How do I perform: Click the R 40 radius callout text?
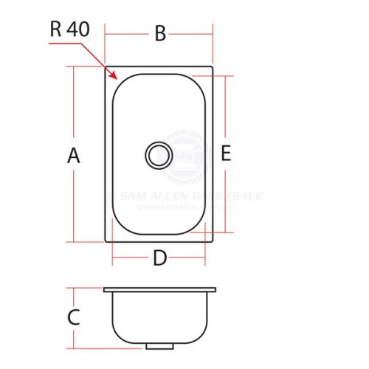(69, 30)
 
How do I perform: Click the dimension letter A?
(73, 156)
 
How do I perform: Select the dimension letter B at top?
(159, 34)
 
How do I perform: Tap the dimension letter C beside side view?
(73, 317)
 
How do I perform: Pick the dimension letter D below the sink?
(159, 258)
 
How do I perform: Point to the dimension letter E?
(226, 154)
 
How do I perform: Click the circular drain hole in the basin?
(157, 155)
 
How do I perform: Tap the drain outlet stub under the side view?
(158, 345)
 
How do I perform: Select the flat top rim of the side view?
(159, 289)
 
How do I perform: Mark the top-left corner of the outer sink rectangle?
(105, 67)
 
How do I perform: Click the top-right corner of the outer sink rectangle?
(213, 67)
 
